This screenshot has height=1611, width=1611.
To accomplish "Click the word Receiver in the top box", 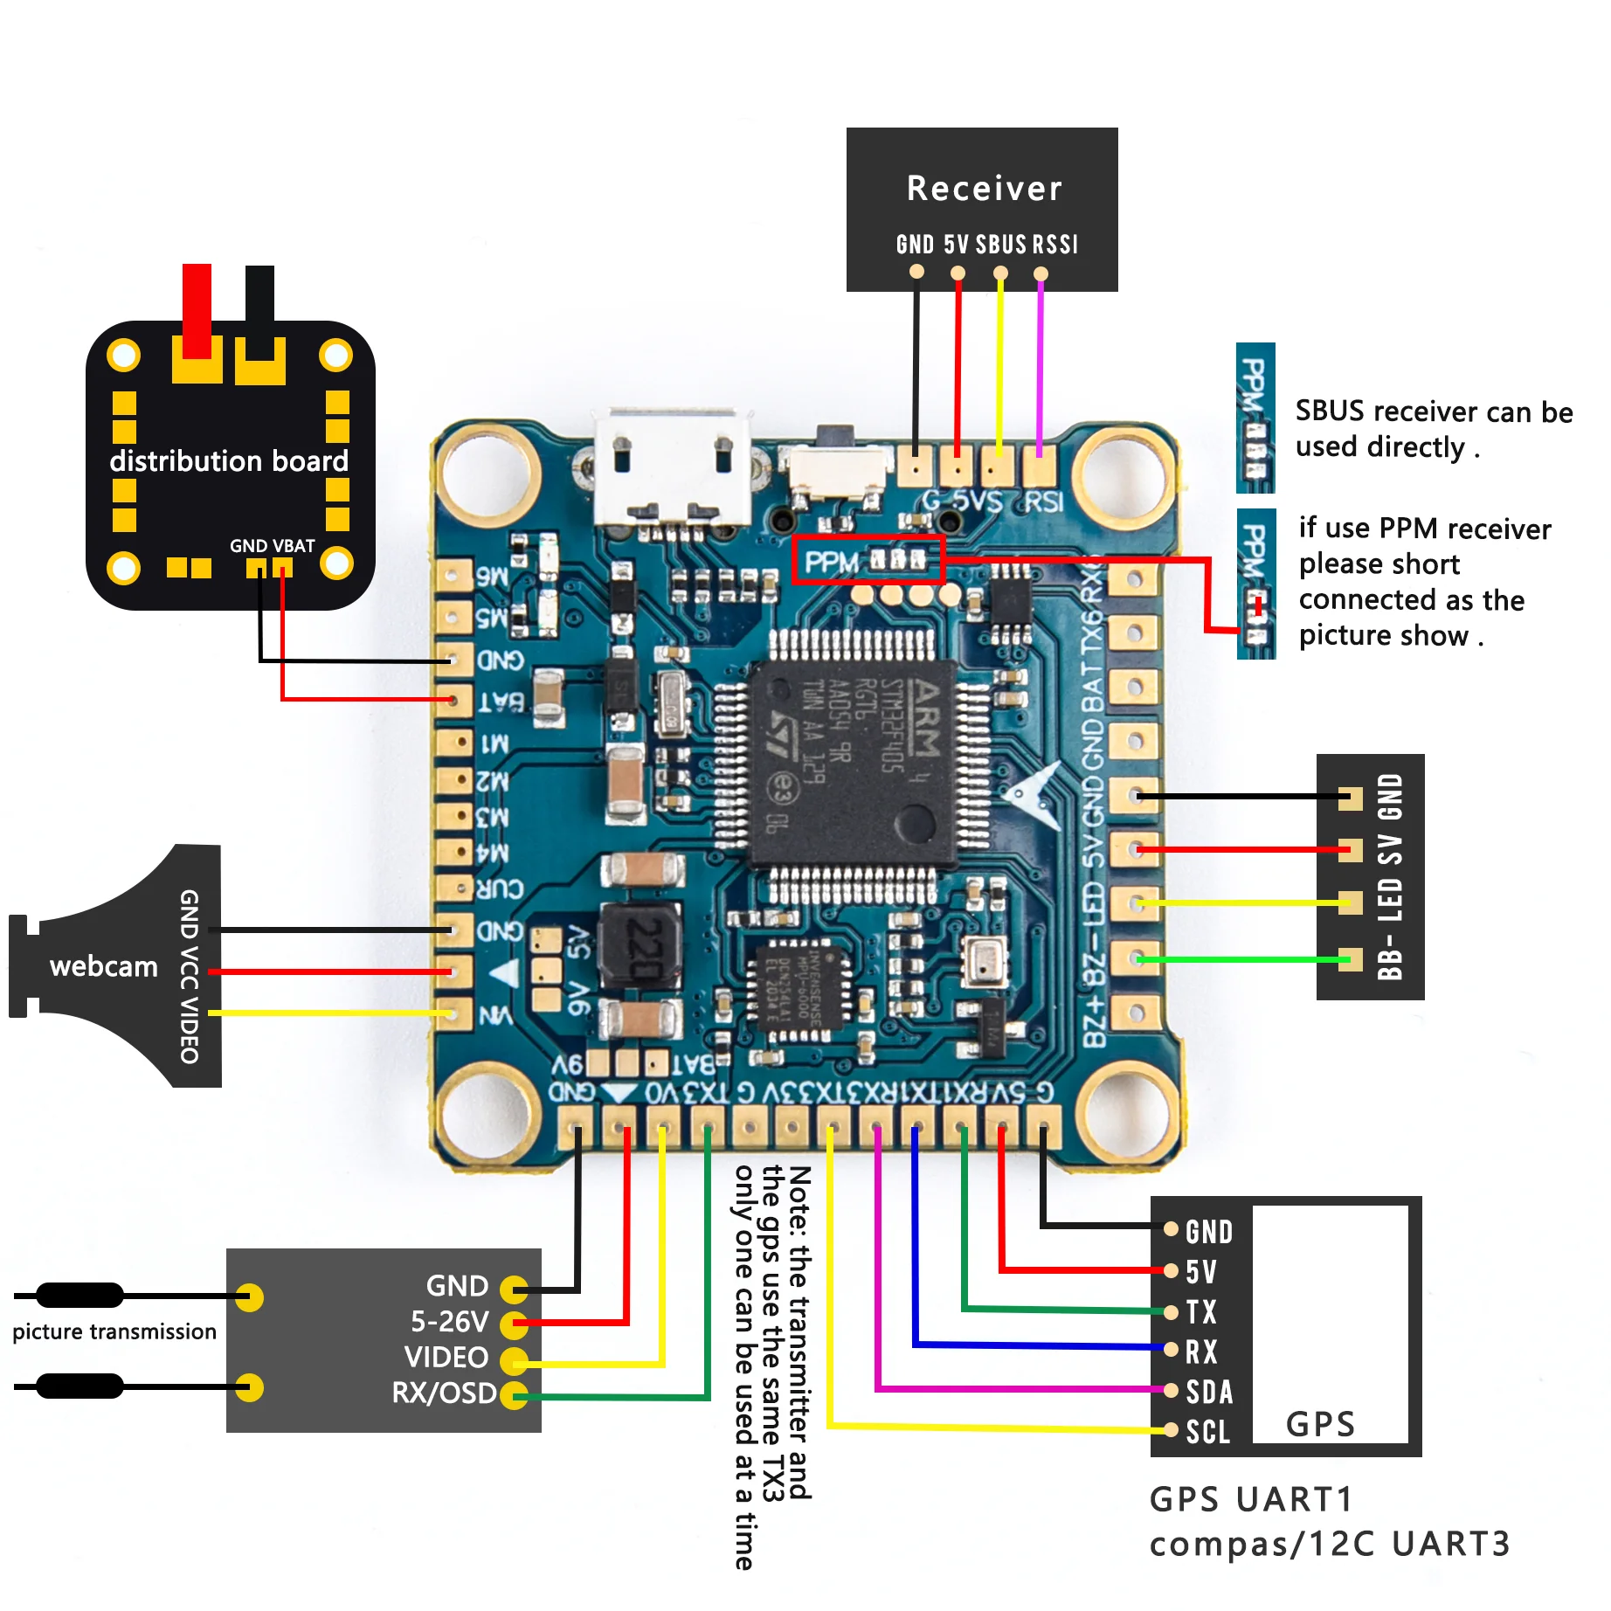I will (984, 189).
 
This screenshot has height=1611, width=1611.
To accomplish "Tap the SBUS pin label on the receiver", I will (1000, 245).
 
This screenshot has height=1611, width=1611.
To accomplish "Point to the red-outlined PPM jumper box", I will (868, 560).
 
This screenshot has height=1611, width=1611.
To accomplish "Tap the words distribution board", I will (229, 460).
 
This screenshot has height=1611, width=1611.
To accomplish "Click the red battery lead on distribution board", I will (197, 310).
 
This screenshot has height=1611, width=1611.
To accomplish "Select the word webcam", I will (104, 966).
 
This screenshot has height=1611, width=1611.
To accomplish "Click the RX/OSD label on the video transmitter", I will (444, 1393).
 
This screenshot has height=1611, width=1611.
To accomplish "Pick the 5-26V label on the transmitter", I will (449, 1322).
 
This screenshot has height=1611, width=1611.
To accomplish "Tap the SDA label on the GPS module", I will (1209, 1392).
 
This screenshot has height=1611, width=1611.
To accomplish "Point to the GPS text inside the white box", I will (1320, 1424).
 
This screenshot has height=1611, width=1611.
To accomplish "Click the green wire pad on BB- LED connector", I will (1351, 959).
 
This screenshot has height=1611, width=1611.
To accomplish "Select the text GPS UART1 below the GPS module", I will (1251, 1499).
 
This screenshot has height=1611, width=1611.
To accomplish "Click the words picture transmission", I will (114, 1331).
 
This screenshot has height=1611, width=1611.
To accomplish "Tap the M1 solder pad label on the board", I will (494, 743).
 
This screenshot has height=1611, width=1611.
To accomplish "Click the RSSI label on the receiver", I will (1055, 245).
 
